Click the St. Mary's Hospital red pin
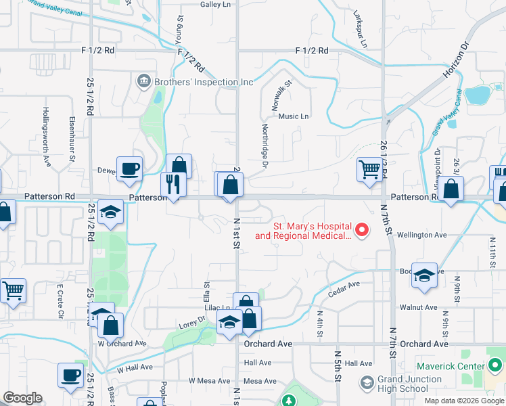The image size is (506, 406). point(361,231)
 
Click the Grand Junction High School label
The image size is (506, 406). point(404,384)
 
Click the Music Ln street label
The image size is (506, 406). point(293,116)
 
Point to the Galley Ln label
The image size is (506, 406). point(216,4)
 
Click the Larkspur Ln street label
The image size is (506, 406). point(359,28)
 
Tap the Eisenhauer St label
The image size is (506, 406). point(72,135)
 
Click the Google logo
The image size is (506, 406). point(22,398)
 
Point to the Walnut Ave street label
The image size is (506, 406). point(418,307)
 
